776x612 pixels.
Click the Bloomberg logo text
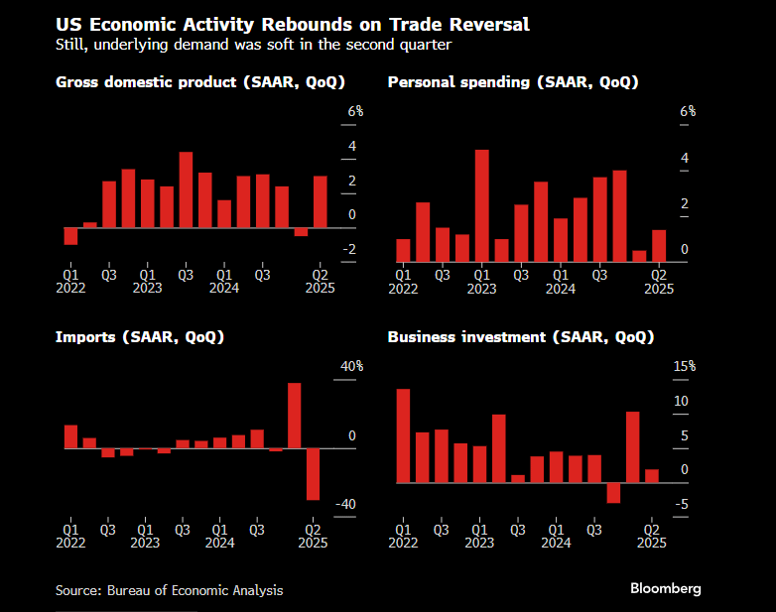click(665, 588)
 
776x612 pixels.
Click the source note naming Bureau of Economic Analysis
click(169, 590)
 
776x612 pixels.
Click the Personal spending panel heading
click(512, 81)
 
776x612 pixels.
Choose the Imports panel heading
click(139, 337)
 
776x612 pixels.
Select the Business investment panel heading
click(520, 337)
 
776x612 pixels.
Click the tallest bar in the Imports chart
click(295, 416)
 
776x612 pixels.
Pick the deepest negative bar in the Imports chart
click(313, 474)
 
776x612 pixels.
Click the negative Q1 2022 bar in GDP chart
click(70, 236)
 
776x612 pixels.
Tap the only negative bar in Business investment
click(613, 493)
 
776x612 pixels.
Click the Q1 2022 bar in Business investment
click(403, 435)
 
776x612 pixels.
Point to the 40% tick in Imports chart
click(352, 367)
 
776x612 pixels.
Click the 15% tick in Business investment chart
click(685, 367)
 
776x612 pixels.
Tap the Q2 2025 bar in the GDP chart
click(320, 201)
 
